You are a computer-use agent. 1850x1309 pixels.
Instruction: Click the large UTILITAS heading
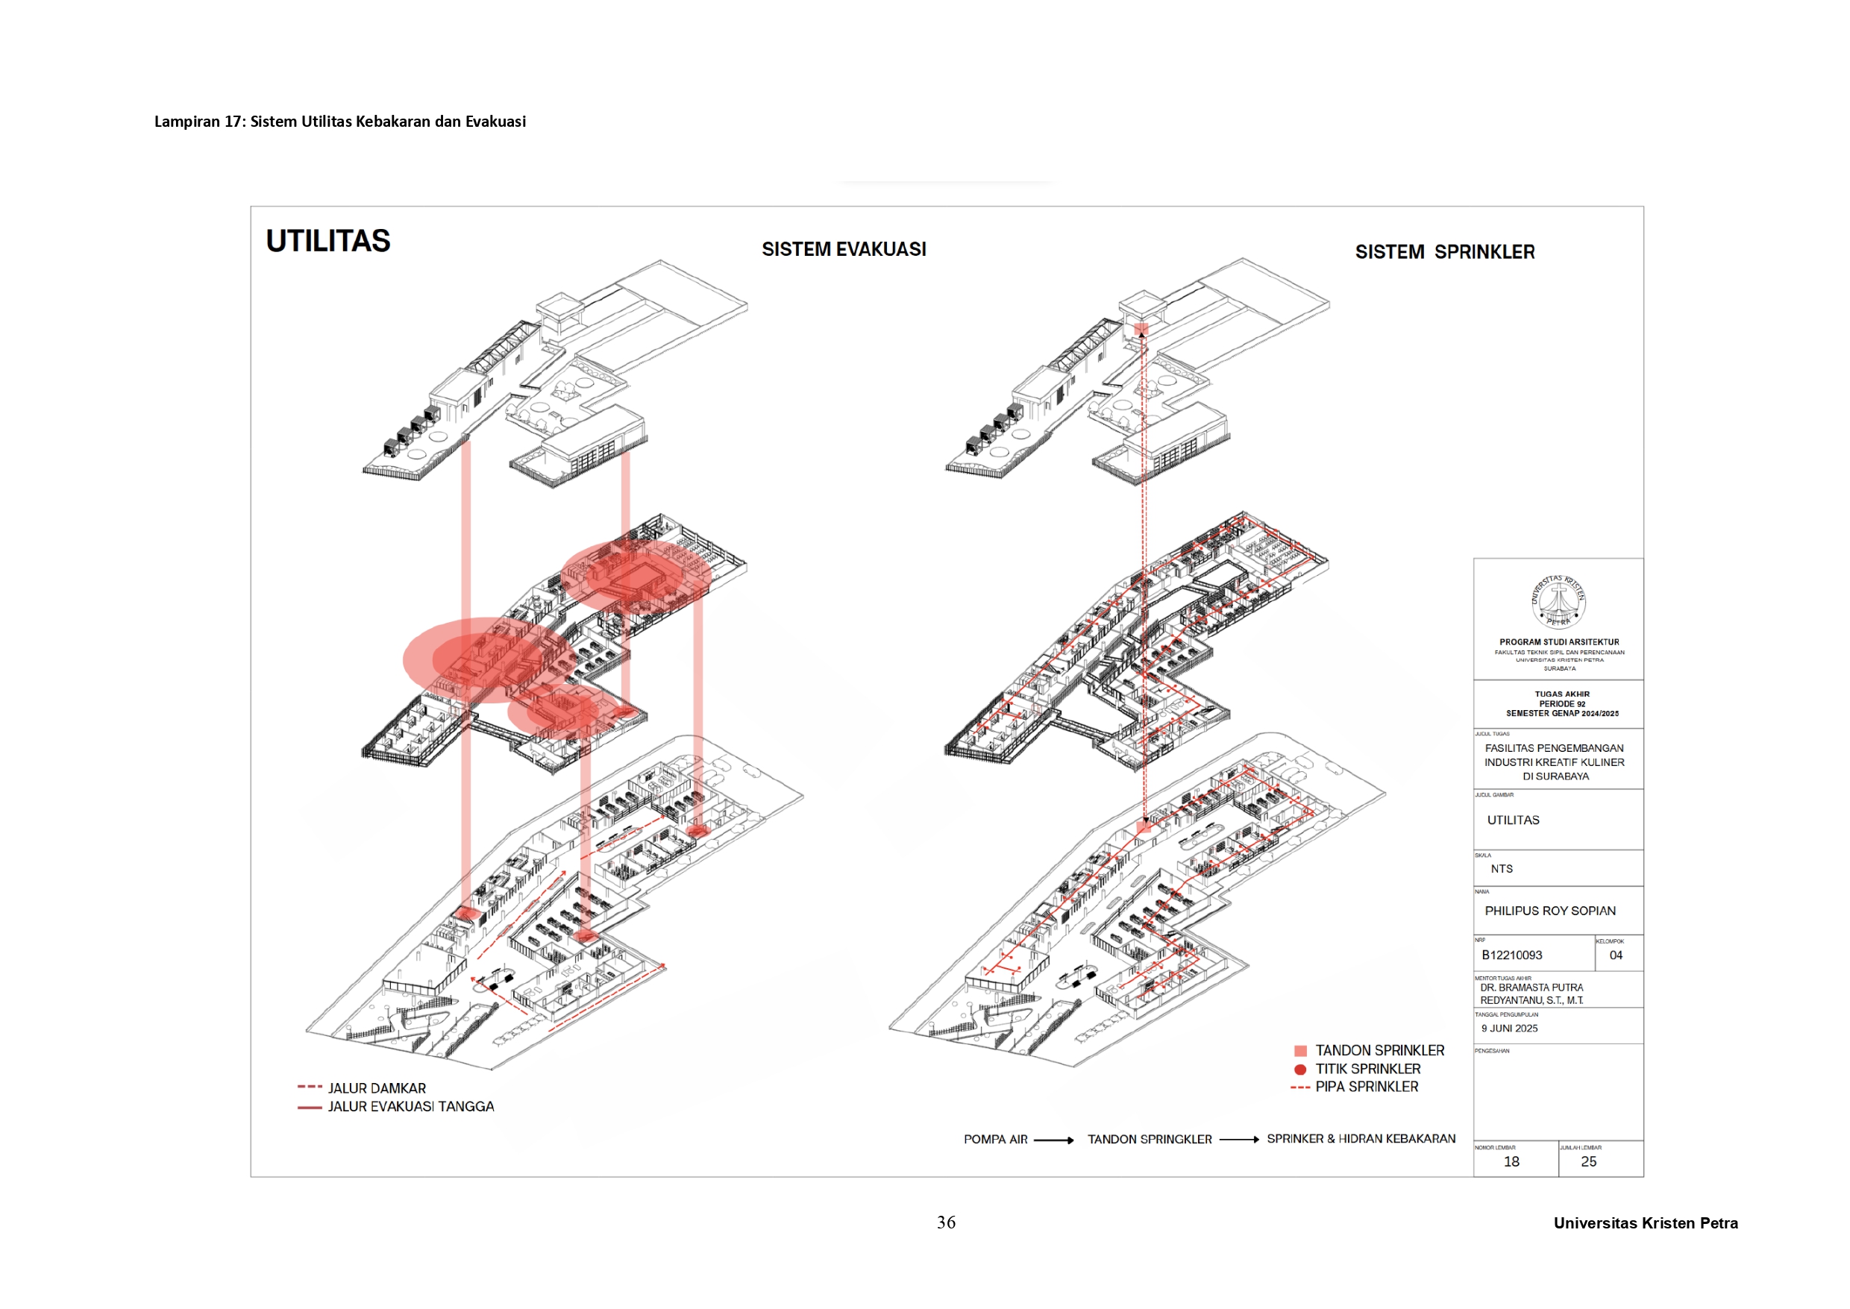pos(328,241)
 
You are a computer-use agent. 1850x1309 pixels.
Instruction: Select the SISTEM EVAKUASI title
pos(843,250)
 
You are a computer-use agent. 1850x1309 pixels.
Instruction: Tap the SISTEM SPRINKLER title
pos(1444,252)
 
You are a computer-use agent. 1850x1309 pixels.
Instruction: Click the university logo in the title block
pos(1558,601)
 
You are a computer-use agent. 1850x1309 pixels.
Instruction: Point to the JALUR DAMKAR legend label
pos(377,1088)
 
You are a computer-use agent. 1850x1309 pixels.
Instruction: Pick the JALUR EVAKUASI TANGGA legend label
pos(410,1107)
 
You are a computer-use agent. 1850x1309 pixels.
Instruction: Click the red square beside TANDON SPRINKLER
pos(1300,1051)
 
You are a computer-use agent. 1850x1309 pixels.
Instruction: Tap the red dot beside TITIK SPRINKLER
pos(1300,1070)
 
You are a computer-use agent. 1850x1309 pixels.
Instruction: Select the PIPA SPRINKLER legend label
pos(1367,1087)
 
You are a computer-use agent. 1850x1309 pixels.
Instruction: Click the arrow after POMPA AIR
pos(1053,1140)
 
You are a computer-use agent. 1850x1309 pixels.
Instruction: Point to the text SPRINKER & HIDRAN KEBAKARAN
pos(1361,1139)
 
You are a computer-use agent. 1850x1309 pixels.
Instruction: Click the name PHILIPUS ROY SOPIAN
pos(1549,911)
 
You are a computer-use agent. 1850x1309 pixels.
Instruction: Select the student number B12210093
pos(1511,955)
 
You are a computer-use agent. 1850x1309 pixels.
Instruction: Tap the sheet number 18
pos(1511,1161)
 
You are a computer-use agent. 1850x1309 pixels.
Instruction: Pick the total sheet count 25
pos(1588,1161)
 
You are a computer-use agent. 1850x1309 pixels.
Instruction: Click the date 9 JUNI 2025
pos(1509,1029)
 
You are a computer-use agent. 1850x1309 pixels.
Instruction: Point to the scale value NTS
pos(1501,869)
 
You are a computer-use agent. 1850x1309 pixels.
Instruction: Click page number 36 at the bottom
pos(946,1222)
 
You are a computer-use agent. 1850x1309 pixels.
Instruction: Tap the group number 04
pos(1616,955)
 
